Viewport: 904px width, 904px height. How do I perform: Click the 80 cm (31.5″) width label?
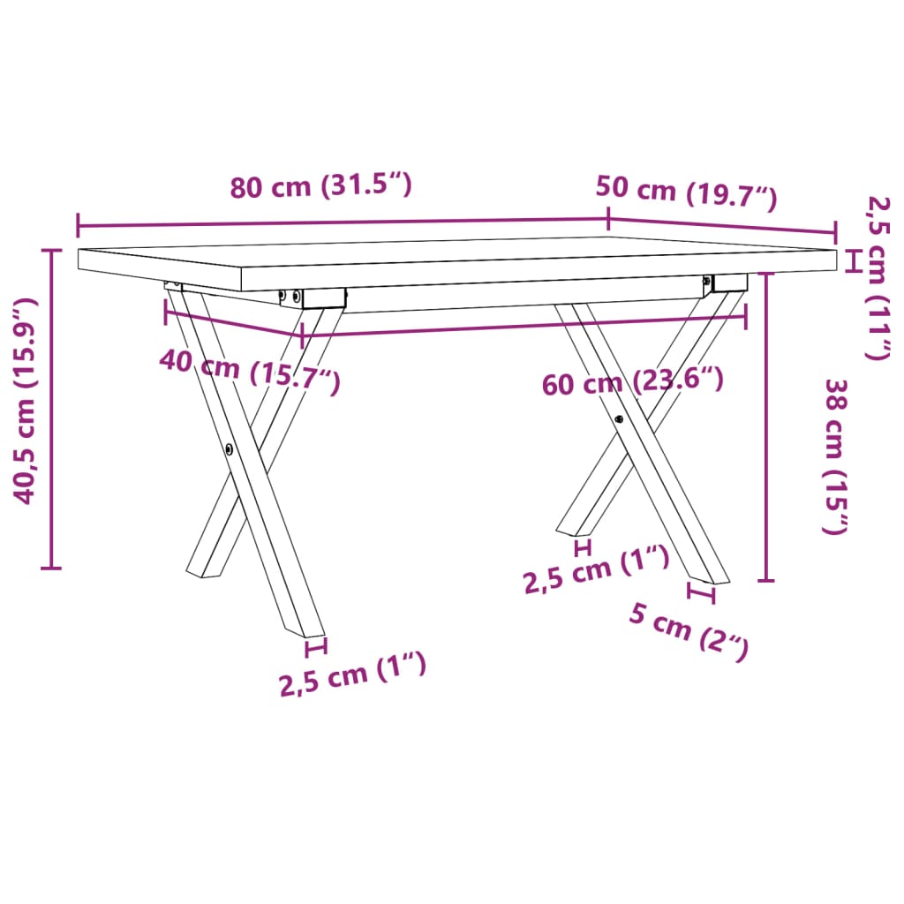coord(321,187)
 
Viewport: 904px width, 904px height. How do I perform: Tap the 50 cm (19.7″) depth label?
coord(686,193)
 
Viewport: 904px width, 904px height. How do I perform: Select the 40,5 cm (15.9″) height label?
coord(27,401)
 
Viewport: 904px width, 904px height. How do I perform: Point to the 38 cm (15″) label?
coord(835,456)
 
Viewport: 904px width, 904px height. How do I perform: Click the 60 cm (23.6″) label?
coord(633,383)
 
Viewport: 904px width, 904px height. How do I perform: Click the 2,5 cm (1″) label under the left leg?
coord(353,676)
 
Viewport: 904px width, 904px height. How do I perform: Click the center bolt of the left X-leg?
coord(230,448)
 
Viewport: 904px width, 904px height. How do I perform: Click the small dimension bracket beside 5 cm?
coord(702,593)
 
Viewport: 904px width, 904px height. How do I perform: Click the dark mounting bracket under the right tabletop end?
coord(729,282)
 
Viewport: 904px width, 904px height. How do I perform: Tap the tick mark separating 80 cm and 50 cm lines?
coord(608,219)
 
